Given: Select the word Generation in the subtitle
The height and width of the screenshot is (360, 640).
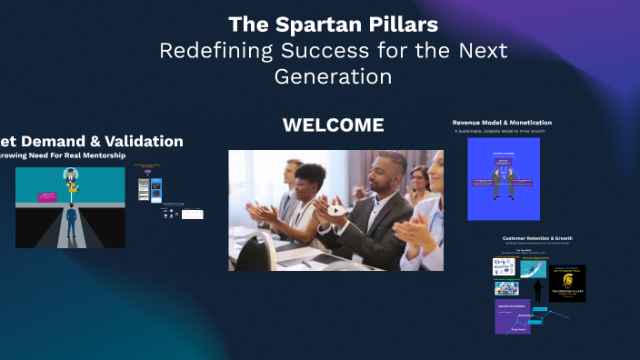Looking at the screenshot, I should pyautogui.click(x=333, y=76).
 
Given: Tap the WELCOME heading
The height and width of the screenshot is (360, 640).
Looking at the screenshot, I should pyautogui.click(x=333, y=125).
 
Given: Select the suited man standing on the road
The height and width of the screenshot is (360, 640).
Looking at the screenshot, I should pyautogui.click(x=71, y=223).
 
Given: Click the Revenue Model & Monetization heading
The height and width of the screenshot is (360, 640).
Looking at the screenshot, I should pyautogui.click(x=502, y=122).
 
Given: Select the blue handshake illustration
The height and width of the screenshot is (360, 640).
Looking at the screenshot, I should pyautogui.click(x=503, y=179).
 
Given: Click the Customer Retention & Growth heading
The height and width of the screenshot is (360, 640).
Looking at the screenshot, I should pyautogui.click(x=539, y=239).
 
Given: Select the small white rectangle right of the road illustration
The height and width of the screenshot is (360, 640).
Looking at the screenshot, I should pyautogui.click(x=192, y=215).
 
